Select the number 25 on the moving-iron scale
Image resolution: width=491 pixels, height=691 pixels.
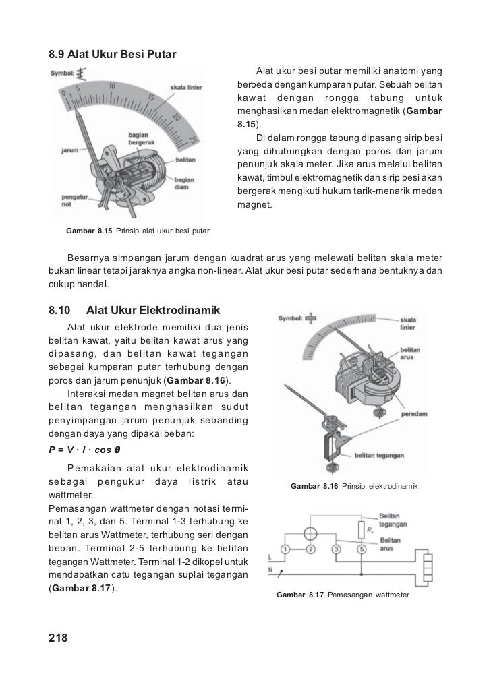[194, 139]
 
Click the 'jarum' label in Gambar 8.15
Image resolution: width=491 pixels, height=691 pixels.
[71, 150]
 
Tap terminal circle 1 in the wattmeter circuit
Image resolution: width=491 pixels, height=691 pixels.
[286, 549]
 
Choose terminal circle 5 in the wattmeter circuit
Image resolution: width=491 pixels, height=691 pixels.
[362, 549]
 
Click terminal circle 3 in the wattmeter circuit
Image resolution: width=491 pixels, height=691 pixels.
[337, 549]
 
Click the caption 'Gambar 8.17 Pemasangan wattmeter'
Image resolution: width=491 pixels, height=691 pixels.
[343, 595]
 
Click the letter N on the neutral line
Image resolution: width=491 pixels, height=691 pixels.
[270, 570]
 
